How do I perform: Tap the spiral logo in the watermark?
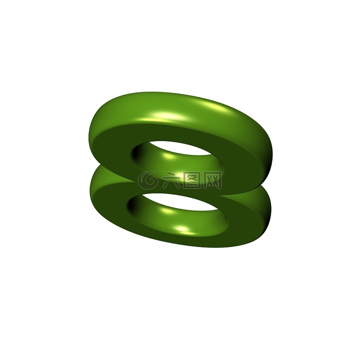148,180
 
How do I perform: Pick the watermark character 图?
192,180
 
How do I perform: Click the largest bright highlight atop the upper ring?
165,116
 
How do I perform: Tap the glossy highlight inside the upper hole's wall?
169,156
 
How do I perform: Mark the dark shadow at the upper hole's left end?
136,153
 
